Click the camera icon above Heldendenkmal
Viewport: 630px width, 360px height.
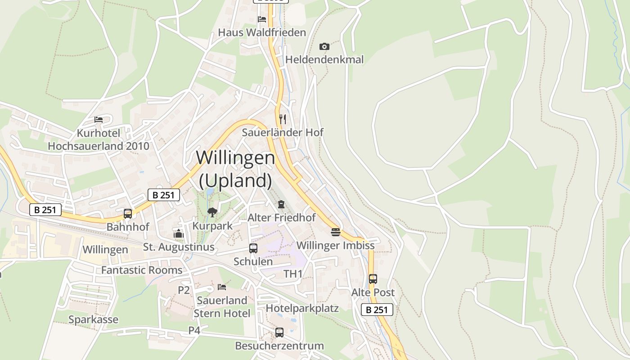coord(324,46)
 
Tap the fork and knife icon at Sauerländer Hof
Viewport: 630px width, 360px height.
coord(283,119)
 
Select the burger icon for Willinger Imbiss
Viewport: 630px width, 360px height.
coord(336,232)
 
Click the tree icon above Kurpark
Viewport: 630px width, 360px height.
coord(212,212)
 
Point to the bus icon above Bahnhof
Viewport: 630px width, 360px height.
coord(128,214)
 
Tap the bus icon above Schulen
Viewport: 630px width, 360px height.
coord(253,248)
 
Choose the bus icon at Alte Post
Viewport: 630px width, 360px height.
coord(373,279)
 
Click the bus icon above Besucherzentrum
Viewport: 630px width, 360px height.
coord(279,333)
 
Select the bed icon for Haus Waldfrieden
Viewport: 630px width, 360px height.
coord(262,19)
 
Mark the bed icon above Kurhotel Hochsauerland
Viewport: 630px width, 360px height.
coord(99,120)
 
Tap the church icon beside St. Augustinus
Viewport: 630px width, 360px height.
coord(179,234)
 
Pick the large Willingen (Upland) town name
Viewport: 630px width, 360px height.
coord(235,169)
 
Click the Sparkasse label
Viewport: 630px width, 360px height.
coord(93,319)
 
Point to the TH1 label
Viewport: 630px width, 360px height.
coord(293,274)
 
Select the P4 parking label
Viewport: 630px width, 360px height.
coord(194,330)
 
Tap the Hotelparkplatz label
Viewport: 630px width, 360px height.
coord(302,308)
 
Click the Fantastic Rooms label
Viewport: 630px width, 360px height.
coord(142,270)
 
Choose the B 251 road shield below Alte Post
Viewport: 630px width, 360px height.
coord(377,310)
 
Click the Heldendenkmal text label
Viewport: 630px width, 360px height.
coord(324,59)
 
